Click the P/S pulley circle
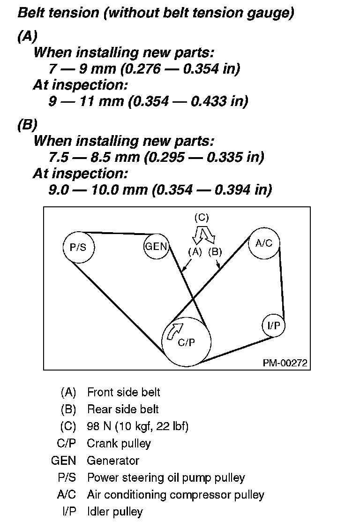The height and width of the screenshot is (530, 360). (x=78, y=247)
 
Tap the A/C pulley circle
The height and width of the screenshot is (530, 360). (x=264, y=243)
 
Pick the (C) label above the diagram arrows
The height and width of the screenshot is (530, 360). (x=202, y=217)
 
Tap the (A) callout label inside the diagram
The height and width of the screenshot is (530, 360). (x=195, y=251)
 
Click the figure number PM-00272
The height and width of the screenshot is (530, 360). (x=285, y=363)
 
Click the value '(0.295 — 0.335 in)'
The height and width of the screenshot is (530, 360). (x=205, y=157)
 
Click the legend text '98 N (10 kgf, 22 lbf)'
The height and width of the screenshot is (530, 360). (x=138, y=426)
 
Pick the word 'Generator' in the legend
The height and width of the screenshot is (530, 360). (x=113, y=460)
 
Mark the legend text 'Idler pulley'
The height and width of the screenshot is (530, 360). (x=114, y=511)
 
